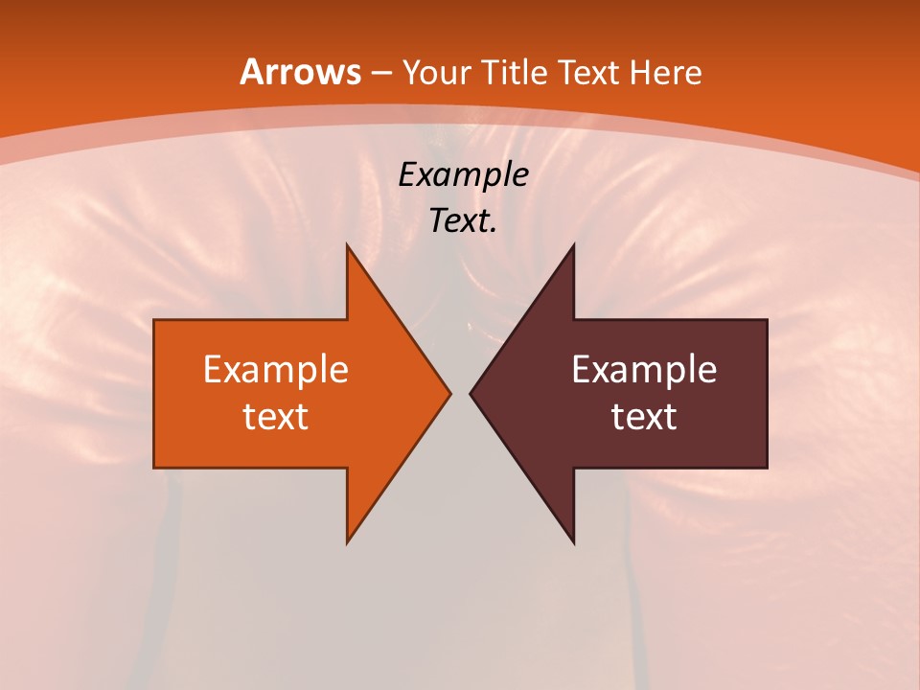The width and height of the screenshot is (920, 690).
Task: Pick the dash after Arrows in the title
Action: coord(380,74)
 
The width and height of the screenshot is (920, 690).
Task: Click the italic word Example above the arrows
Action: coord(464,174)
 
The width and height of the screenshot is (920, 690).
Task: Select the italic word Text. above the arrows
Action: coord(464,221)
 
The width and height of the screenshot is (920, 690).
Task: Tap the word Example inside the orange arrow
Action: coord(276,370)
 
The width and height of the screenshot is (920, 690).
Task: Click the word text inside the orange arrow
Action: coord(276,416)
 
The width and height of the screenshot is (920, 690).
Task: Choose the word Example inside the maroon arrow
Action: coord(644,370)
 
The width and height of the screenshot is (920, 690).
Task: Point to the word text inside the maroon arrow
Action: coord(644,416)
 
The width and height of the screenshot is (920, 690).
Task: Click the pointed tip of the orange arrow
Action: coord(448,393)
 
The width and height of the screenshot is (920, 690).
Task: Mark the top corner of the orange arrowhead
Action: coord(348,245)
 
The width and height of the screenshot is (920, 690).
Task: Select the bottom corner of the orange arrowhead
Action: coord(348,541)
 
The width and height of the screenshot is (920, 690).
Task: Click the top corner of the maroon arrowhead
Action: coord(573,245)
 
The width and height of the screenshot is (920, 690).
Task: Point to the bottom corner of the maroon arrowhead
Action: coord(573,541)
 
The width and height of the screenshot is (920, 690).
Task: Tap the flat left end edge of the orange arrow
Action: coord(154,393)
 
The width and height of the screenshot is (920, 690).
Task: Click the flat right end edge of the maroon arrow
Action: coord(767,393)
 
